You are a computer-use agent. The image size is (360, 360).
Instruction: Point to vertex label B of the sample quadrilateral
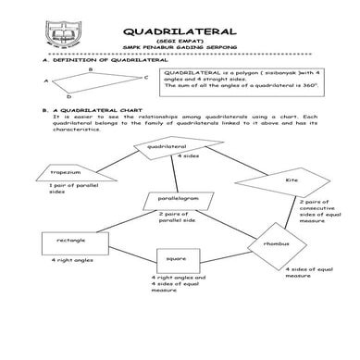tap(90, 68)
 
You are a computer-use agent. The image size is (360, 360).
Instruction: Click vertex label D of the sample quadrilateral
tap(68, 95)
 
